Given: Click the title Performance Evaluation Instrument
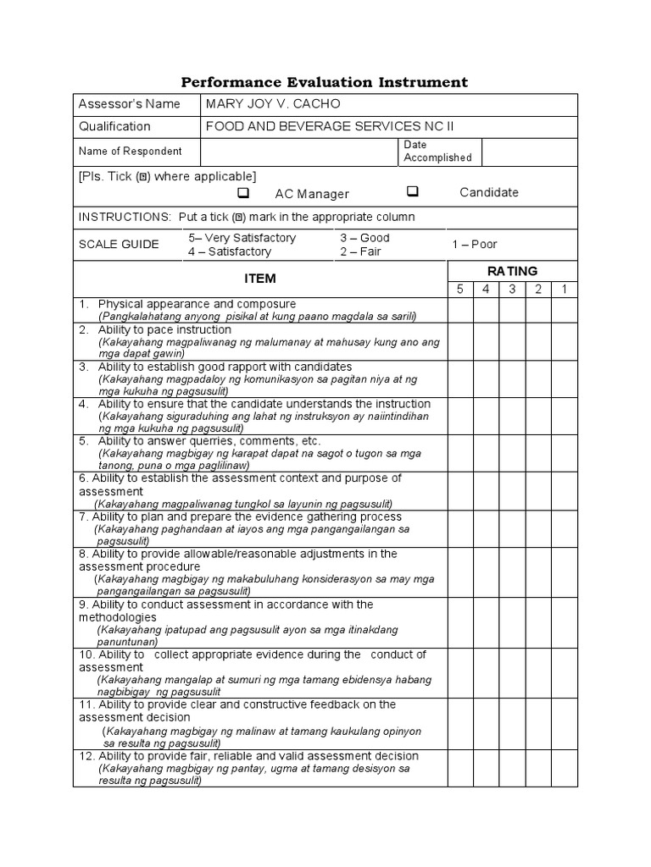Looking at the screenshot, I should pyautogui.click(x=325, y=82).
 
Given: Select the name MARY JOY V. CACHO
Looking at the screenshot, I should pyautogui.click(x=272, y=104).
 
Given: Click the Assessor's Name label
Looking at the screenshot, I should pyautogui.click(x=129, y=104).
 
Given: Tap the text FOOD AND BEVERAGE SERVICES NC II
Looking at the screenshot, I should pyautogui.click(x=330, y=126).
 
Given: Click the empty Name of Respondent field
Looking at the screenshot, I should pyautogui.click(x=299, y=152).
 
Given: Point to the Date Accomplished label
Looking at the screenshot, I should pyautogui.click(x=437, y=152).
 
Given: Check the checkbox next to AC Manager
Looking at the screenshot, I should pyautogui.click(x=242, y=192).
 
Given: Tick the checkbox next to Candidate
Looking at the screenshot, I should pyautogui.click(x=413, y=191).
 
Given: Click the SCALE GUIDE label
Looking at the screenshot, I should pyautogui.click(x=119, y=245).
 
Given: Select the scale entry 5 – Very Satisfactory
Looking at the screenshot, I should pyautogui.click(x=242, y=238).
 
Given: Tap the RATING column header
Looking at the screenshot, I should pyautogui.click(x=512, y=271).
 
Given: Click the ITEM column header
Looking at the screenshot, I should pyautogui.click(x=259, y=279).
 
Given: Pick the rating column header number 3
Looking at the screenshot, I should pyautogui.click(x=512, y=290).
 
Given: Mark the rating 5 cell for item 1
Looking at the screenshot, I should pyautogui.click(x=459, y=310).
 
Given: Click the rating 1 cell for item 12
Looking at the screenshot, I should pyautogui.click(x=565, y=768).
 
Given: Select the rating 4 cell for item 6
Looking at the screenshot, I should pyautogui.click(x=486, y=491).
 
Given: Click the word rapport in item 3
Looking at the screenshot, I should pyautogui.click(x=261, y=367).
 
